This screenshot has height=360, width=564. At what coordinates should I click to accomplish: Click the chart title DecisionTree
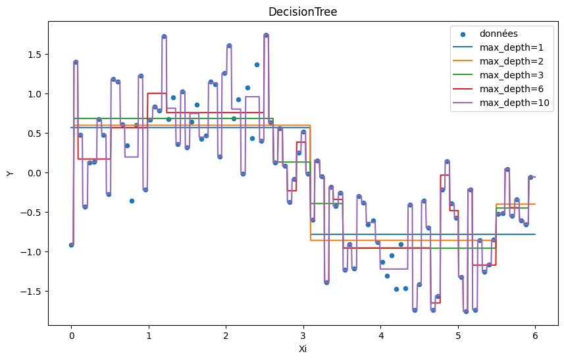(303, 12)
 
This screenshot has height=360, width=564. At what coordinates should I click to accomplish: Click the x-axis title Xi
(303, 349)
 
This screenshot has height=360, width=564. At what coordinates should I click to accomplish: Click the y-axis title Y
(9, 173)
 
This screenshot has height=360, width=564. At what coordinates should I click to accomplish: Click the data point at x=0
(71, 245)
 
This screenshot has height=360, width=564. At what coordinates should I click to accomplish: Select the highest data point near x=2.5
(266, 36)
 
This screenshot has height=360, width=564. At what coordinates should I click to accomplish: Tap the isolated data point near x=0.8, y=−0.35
(132, 201)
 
